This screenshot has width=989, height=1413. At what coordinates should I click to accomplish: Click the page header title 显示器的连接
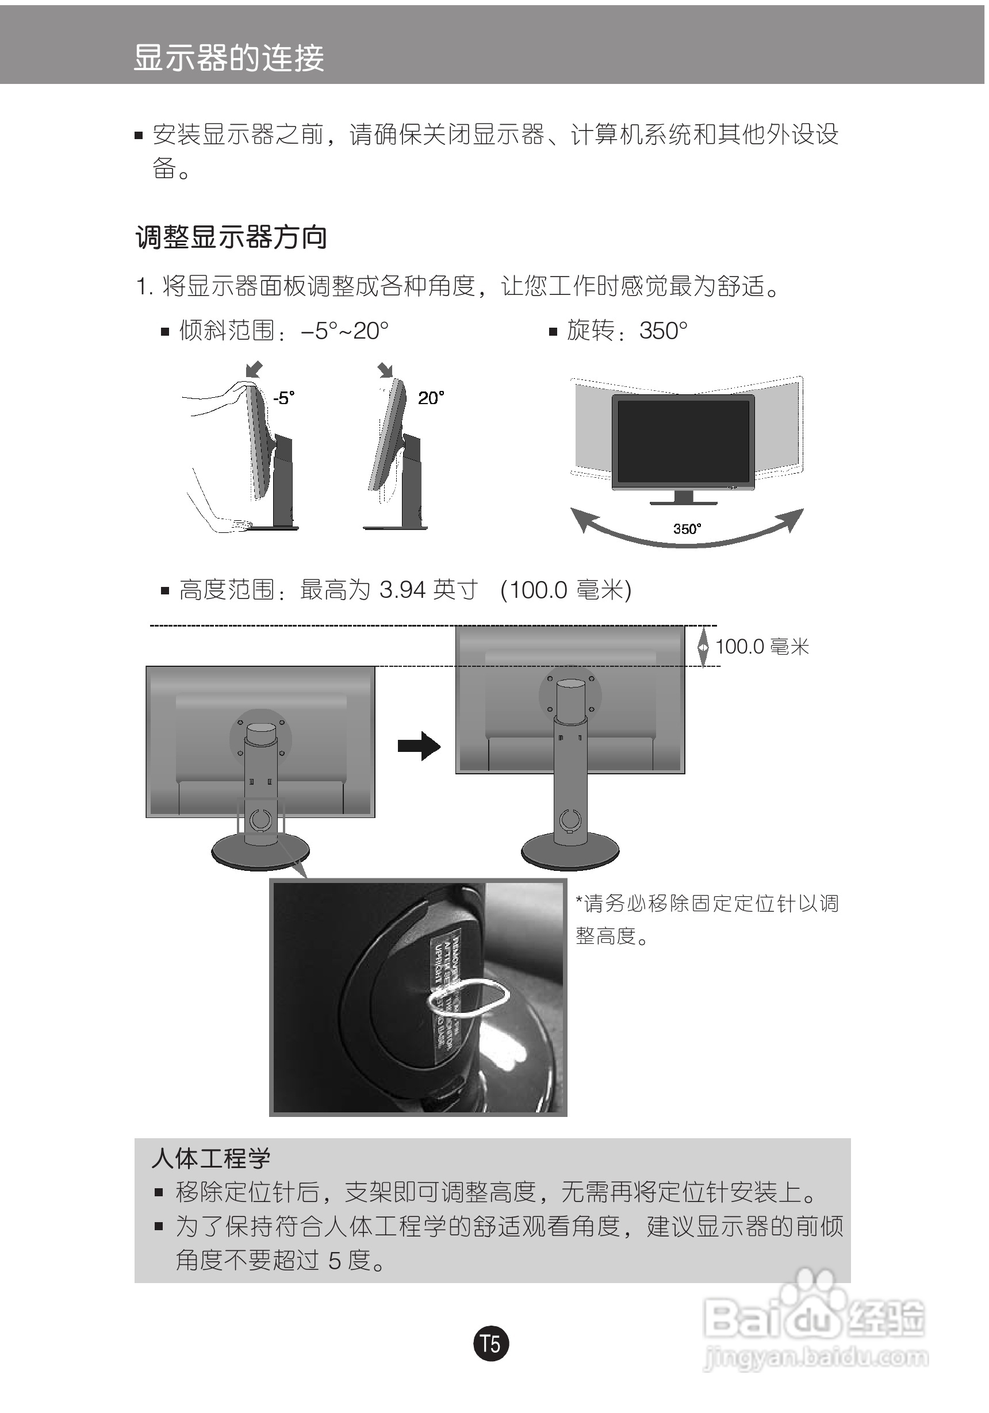[x=228, y=58]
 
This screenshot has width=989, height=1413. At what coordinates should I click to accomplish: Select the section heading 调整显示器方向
[x=231, y=237]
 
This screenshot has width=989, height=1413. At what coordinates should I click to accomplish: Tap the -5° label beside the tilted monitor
[x=283, y=398]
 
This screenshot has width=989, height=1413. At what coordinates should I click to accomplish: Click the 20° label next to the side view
[x=431, y=398]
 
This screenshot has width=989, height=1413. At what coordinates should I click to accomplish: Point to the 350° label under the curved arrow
[x=687, y=529]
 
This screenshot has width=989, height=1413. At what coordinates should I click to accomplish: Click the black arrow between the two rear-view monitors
[x=419, y=746]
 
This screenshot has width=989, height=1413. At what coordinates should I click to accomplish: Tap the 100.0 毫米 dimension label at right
[x=762, y=647]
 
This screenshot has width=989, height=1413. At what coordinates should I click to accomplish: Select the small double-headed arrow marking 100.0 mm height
[x=703, y=647]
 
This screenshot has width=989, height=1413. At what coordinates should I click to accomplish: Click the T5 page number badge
[x=491, y=1343]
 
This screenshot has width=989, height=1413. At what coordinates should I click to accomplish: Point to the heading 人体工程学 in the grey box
[x=211, y=1159]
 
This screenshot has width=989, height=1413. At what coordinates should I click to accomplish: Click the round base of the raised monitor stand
[x=570, y=853]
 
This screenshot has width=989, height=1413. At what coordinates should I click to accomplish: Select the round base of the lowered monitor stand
[x=260, y=853]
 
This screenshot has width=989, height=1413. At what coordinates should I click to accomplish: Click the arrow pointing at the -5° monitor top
[x=254, y=369]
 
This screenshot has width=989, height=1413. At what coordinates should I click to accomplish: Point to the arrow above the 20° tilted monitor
[x=385, y=369]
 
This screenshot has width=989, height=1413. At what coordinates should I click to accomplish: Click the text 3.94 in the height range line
[x=402, y=590]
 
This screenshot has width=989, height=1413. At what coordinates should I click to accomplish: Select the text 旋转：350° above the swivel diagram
[x=626, y=331]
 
